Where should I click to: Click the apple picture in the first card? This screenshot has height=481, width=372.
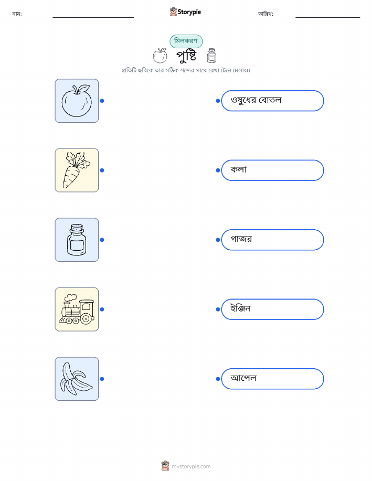77,101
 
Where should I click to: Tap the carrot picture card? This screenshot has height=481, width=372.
77,170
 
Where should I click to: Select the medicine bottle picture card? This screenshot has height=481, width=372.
77,240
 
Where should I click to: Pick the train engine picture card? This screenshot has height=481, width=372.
77,309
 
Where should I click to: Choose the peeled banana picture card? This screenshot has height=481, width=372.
77,379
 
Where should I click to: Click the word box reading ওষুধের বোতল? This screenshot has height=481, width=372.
272,101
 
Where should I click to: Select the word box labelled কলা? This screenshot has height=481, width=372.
272,170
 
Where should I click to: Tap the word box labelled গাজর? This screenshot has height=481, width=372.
272,240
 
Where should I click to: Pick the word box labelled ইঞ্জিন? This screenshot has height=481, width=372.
272,309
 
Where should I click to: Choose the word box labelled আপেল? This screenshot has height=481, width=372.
272,379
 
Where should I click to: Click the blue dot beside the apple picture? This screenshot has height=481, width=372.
102,101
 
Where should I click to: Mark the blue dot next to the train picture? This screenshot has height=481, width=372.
102,309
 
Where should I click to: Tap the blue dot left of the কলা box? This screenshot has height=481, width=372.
218,170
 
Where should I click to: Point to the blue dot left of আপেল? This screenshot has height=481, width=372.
218,379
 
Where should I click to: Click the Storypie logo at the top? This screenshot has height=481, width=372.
185,12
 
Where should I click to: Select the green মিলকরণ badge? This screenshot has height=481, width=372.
186,41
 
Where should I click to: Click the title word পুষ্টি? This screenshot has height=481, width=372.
186,56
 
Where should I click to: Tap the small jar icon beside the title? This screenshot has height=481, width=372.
211,55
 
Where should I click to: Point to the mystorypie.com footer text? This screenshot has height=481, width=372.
191,466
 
